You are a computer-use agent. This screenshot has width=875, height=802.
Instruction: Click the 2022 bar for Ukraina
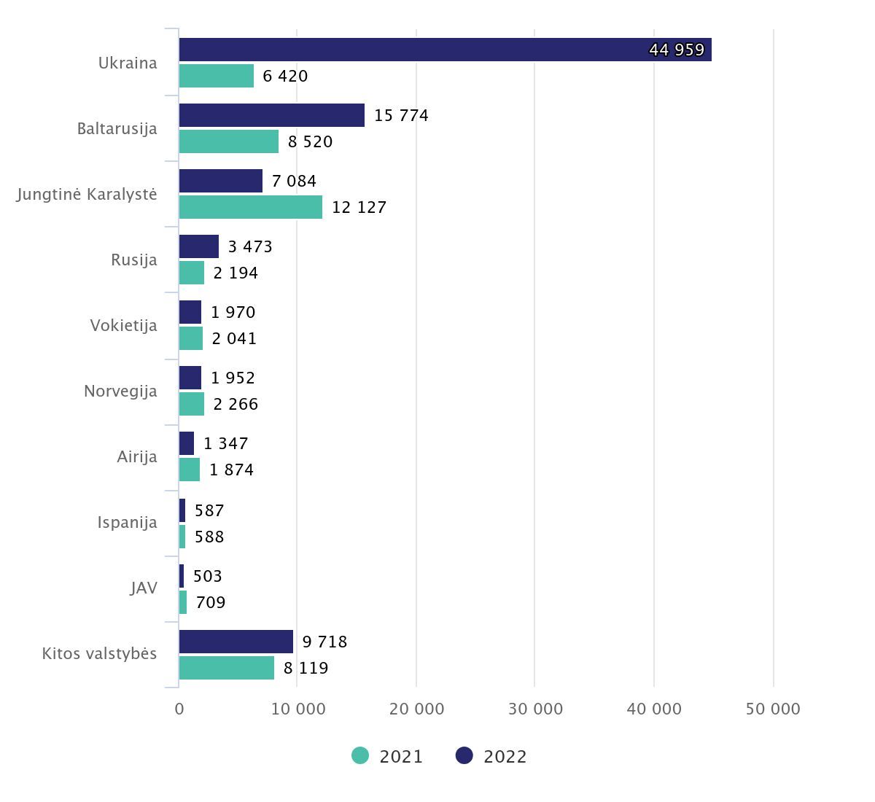pyautogui.click(x=445, y=50)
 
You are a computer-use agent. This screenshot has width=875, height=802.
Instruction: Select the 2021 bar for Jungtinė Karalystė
pyautogui.click(x=250, y=207)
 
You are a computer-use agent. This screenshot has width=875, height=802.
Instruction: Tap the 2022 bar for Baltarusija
pyautogui.click(x=271, y=115)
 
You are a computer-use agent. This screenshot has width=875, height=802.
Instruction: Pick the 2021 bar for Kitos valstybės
pyautogui.click(x=226, y=668)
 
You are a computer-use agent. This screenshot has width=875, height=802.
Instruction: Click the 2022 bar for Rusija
pyautogui.click(x=198, y=246)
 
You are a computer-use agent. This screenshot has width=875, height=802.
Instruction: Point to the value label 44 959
pyautogui.click(x=677, y=50)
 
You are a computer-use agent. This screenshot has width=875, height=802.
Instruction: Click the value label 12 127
pyautogui.click(x=359, y=207)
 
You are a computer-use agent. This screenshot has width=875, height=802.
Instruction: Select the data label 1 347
pyautogui.click(x=226, y=443)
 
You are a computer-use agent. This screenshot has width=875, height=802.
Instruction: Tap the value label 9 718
pyautogui.click(x=324, y=642)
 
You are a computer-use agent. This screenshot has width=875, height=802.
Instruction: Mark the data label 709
pyautogui.click(x=211, y=602)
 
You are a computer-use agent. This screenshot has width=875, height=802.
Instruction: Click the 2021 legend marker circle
pyautogui.click(x=360, y=756)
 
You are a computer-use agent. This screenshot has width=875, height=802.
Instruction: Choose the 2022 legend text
pyautogui.click(x=505, y=757)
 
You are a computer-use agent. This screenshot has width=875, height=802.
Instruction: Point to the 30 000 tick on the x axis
pyautogui.click(x=535, y=709)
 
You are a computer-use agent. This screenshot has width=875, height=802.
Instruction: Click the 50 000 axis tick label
pyautogui.click(x=773, y=709)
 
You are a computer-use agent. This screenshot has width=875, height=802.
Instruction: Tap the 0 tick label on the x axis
pyautogui.click(x=179, y=709)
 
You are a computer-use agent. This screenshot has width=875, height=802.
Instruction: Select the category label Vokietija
pyautogui.click(x=123, y=325)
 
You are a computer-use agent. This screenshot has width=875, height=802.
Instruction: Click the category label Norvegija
pyautogui.click(x=120, y=391)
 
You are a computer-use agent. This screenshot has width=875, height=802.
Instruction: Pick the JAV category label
pyautogui.click(x=144, y=588)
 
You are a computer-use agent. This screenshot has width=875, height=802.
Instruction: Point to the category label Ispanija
pyautogui.click(x=127, y=522)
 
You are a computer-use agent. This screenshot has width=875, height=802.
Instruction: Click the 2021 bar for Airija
pyautogui.click(x=190, y=470)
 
